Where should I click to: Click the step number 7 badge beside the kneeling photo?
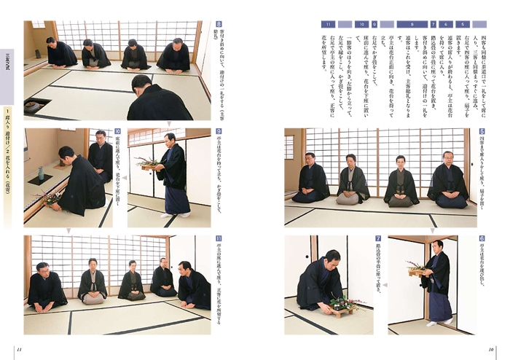click(x=379, y=239)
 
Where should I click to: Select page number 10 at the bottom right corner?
click(x=490, y=349)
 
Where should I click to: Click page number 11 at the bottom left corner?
click(x=20, y=349)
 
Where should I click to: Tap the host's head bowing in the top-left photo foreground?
click(x=141, y=84)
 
